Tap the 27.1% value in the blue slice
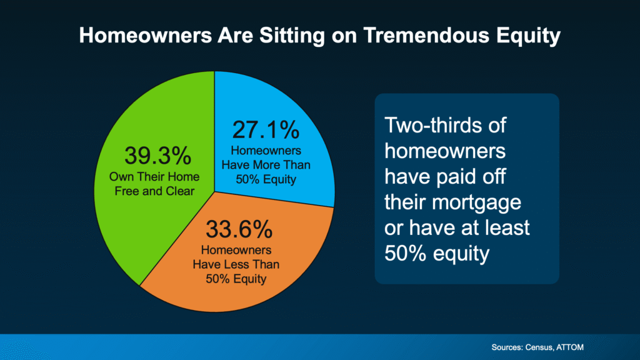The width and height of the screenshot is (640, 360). coord(266,130)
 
